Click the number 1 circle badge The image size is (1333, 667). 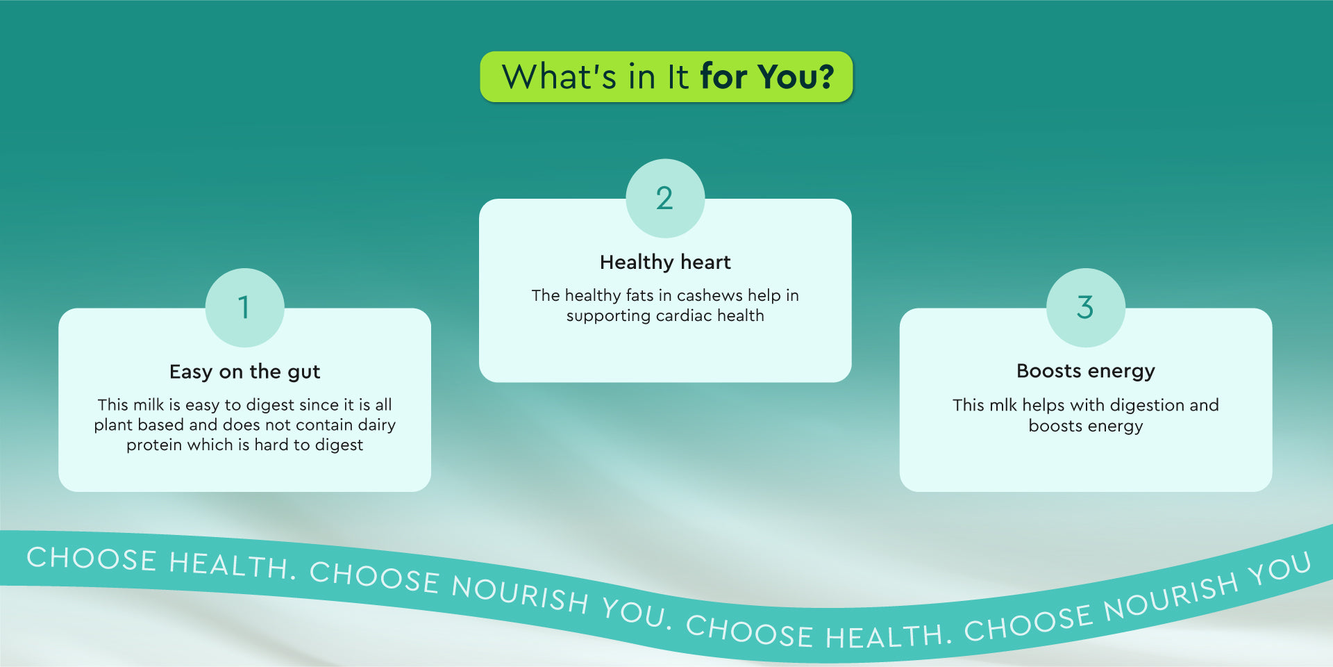click(x=244, y=308)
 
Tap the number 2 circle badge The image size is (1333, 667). click(x=665, y=199)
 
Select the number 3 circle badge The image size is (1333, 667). click(x=1086, y=308)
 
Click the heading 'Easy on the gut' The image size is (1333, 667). click(x=244, y=372)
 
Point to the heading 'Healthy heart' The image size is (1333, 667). click(x=665, y=262)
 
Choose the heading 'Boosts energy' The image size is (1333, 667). click(x=1086, y=372)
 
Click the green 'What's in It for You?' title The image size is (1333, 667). click(x=666, y=76)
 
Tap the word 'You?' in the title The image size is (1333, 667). click(x=796, y=76)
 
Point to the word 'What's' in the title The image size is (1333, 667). click(x=559, y=76)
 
